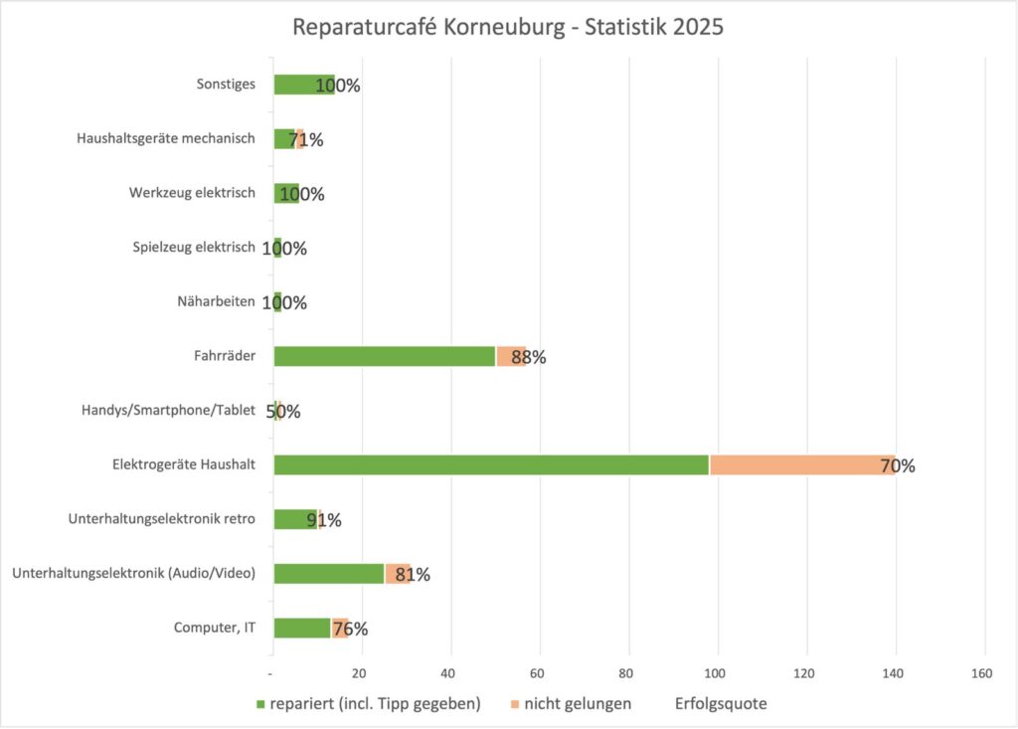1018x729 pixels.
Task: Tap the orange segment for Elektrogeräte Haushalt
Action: [x=795, y=464]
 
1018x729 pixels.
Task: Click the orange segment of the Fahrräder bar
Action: [x=509, y=356]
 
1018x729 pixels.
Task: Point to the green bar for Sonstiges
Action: [x=298, y=85]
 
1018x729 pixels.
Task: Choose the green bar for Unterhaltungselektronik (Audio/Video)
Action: [x=329, y=573]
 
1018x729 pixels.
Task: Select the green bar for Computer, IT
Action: [x=302, y=628]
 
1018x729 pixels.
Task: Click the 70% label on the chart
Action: [x=898, y=465]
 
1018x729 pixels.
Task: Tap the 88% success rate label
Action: [x=529, y=357]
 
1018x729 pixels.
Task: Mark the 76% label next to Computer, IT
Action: [x=350, y=629]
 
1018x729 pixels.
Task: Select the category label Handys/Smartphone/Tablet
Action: [x=168, y=410]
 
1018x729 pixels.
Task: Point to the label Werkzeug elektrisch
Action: [x=192, y=193]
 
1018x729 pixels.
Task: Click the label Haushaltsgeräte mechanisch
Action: [x=166, y=139]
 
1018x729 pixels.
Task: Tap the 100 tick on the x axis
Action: [x=716, y=673]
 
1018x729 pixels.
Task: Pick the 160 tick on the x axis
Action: [x=982, y=673]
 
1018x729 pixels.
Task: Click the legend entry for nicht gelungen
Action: [x=576, y=704]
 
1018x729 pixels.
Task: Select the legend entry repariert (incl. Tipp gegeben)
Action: [x=369, y=704]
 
